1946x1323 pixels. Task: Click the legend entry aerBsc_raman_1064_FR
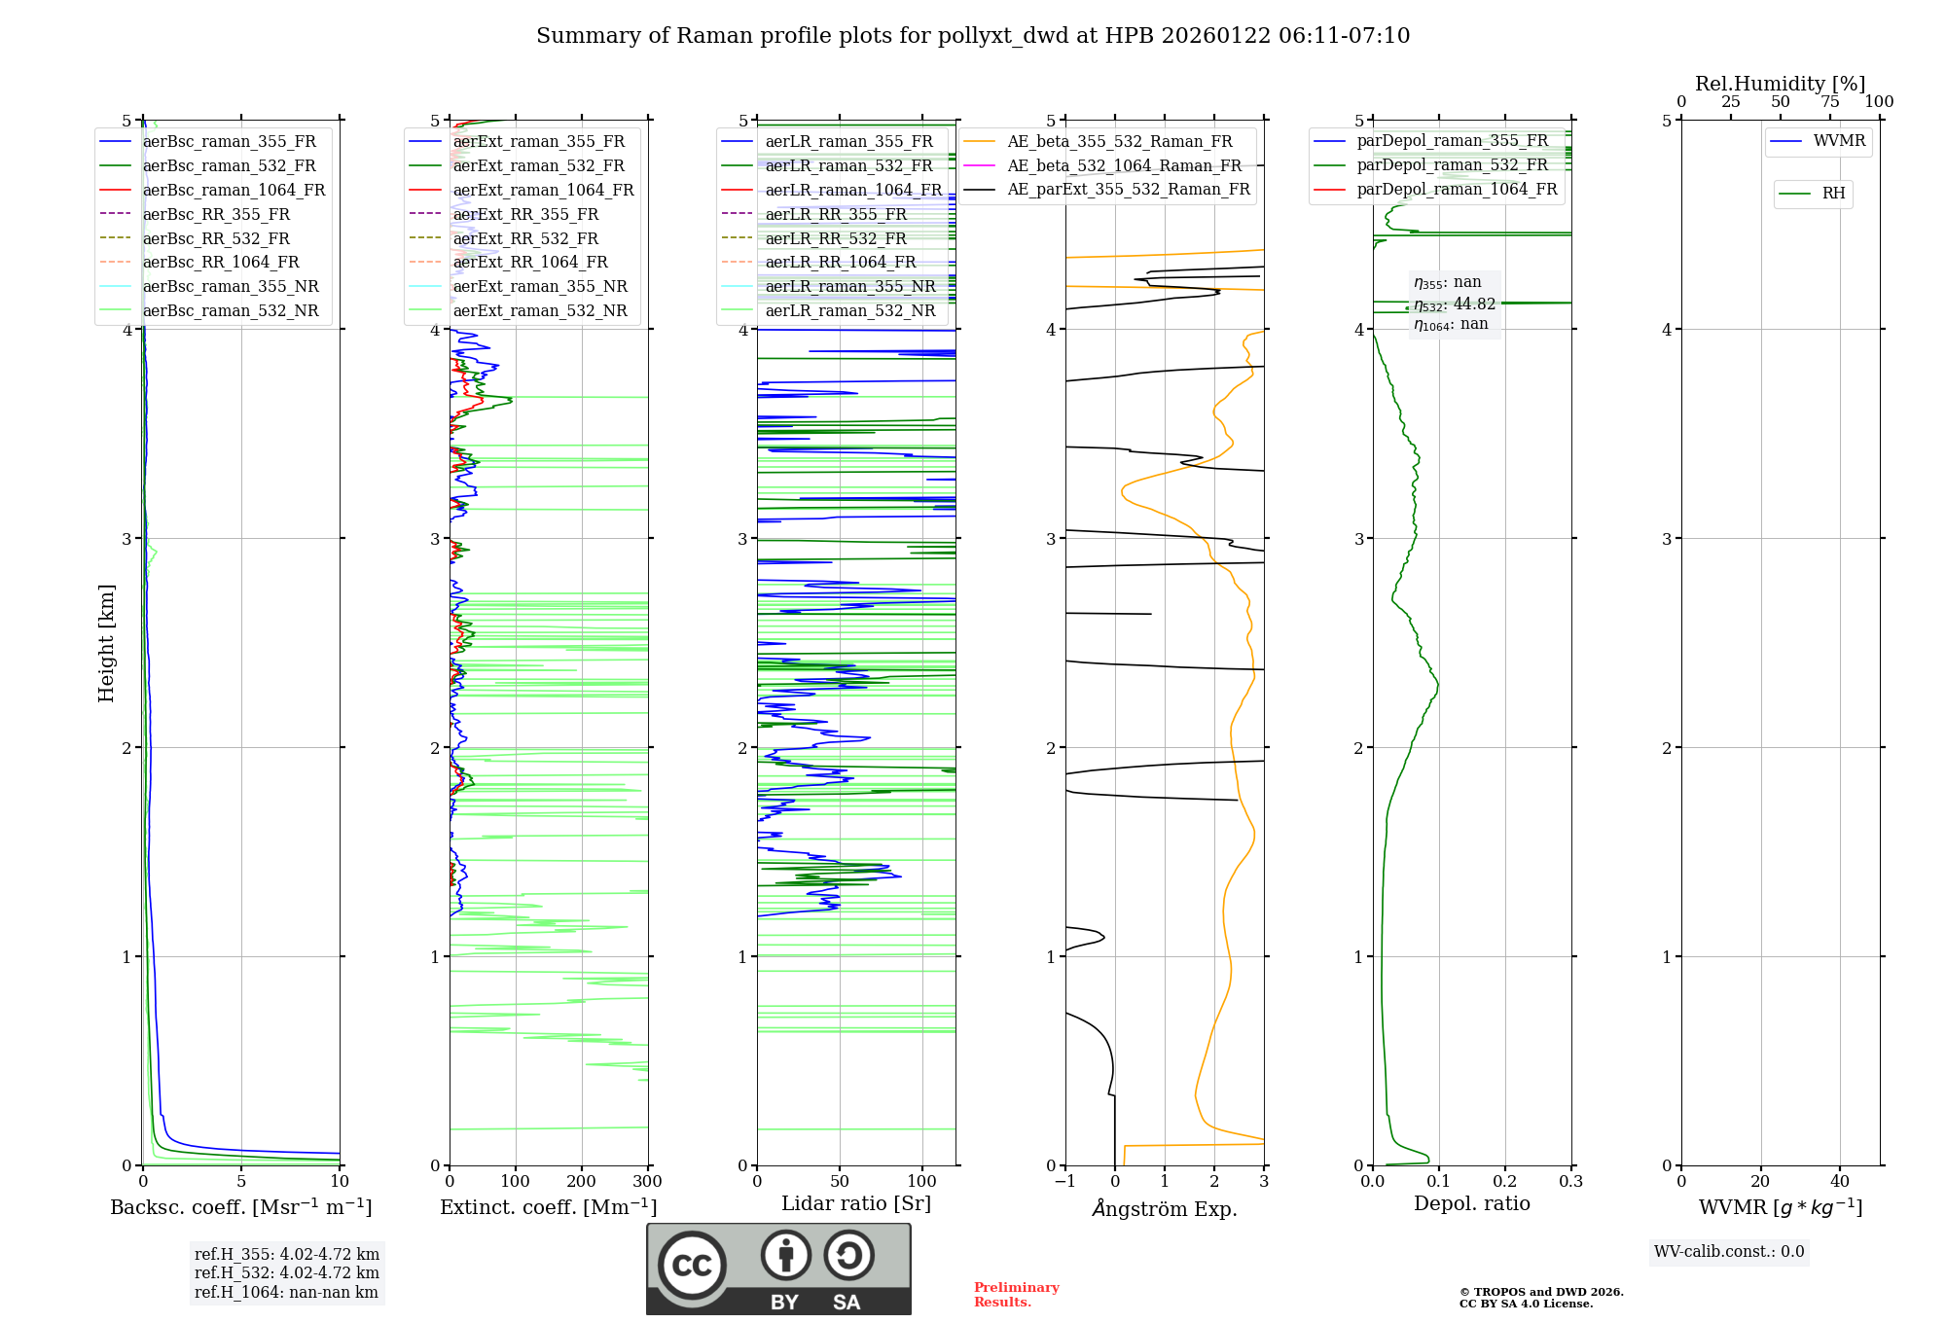(x=234, y=190)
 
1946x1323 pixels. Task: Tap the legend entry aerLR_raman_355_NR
(x=849, y=286)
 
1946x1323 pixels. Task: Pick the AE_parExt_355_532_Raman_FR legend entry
(x=1128, y=189)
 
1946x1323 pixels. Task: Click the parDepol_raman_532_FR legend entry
(x=1452, y=164)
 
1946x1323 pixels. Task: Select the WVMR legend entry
(x=1839, y=141)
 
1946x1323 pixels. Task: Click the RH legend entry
(x=1833, y=194)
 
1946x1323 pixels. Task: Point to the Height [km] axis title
(x=106, y=643)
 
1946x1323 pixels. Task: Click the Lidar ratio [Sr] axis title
(x=856, y=1203)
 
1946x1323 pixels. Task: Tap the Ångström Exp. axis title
(x=1165, y=1208)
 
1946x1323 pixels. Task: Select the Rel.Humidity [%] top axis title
(x=1781, y=84)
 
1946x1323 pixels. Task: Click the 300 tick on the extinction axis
(x=648, y=1182)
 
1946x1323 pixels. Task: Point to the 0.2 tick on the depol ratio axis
(x=1505, y=1182)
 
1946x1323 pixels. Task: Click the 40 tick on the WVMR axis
(x=1840, y=1182)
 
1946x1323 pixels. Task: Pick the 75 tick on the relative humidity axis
(x=1830, y=102)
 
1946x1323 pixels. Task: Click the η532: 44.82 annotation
(x=1455, y=304)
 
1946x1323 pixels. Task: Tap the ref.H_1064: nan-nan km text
(x=286, y=1292)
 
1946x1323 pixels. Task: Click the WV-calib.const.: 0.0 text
(x=1729, y=1252)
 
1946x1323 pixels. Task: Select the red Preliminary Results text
(x=1016, y=1295)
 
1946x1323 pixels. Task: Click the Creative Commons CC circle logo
(x=692, y=1266)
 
